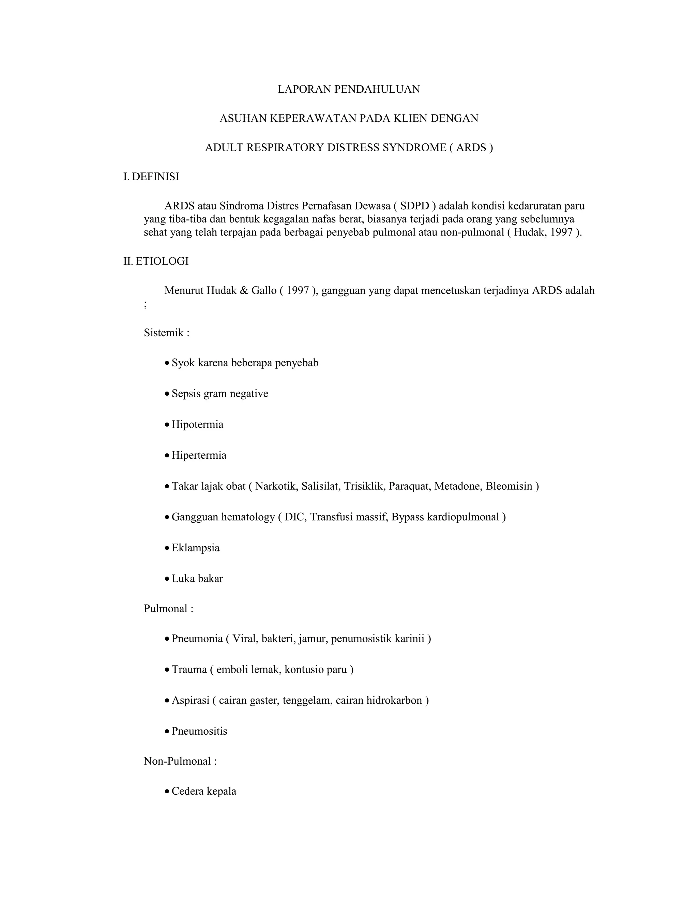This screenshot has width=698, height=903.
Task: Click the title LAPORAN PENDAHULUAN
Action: point(349,89)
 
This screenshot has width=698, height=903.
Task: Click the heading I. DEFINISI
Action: point(151,177)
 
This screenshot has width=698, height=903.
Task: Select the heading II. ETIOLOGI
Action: point(156,261)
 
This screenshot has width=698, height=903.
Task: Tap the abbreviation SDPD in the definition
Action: point(414,206)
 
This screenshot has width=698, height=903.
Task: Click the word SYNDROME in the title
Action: point(414,148)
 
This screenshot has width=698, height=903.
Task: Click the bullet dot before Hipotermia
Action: point(167,425)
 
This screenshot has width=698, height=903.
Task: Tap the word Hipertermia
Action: point(199,456)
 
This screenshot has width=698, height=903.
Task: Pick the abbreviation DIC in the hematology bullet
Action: point(295,517)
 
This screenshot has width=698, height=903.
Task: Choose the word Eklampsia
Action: point(196,548)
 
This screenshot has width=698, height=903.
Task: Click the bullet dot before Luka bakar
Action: point(167,579)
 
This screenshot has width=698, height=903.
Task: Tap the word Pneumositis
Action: point(199,731)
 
